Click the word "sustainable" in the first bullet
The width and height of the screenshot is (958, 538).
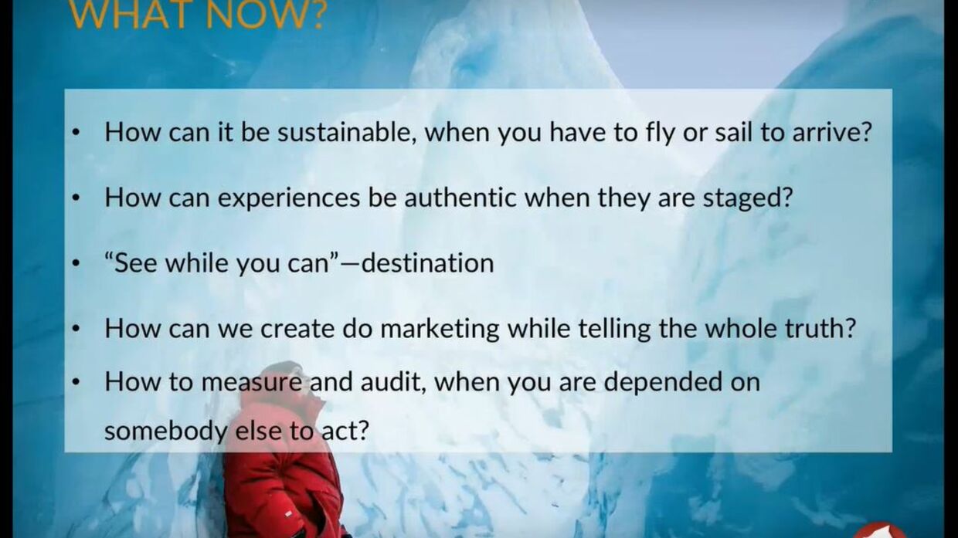348,132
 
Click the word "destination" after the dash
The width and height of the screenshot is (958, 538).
428,262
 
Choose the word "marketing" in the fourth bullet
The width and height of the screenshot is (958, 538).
440,330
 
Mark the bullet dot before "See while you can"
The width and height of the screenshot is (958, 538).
76,264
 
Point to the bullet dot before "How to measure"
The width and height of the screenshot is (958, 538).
76,383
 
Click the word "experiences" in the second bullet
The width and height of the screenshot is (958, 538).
289,198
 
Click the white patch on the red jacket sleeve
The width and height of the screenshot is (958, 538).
288,513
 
